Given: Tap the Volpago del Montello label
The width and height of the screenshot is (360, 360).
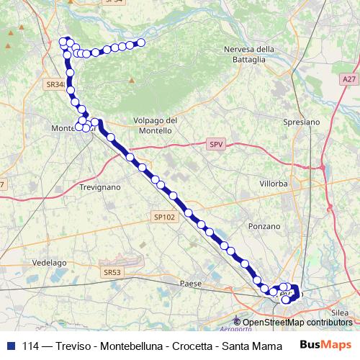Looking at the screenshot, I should click(153, 125).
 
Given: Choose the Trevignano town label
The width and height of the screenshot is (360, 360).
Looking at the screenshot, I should click(101, 186).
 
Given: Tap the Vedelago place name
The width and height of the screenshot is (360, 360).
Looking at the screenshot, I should click(49, 263).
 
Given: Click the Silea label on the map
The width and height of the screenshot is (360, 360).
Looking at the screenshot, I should click(340, 305).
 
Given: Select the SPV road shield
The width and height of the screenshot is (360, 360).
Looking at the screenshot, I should click(215, 145).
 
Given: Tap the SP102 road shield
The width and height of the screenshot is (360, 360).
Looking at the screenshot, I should click(164, 215).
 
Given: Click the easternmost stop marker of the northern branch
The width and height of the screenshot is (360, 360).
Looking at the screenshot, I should click(141, 43).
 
